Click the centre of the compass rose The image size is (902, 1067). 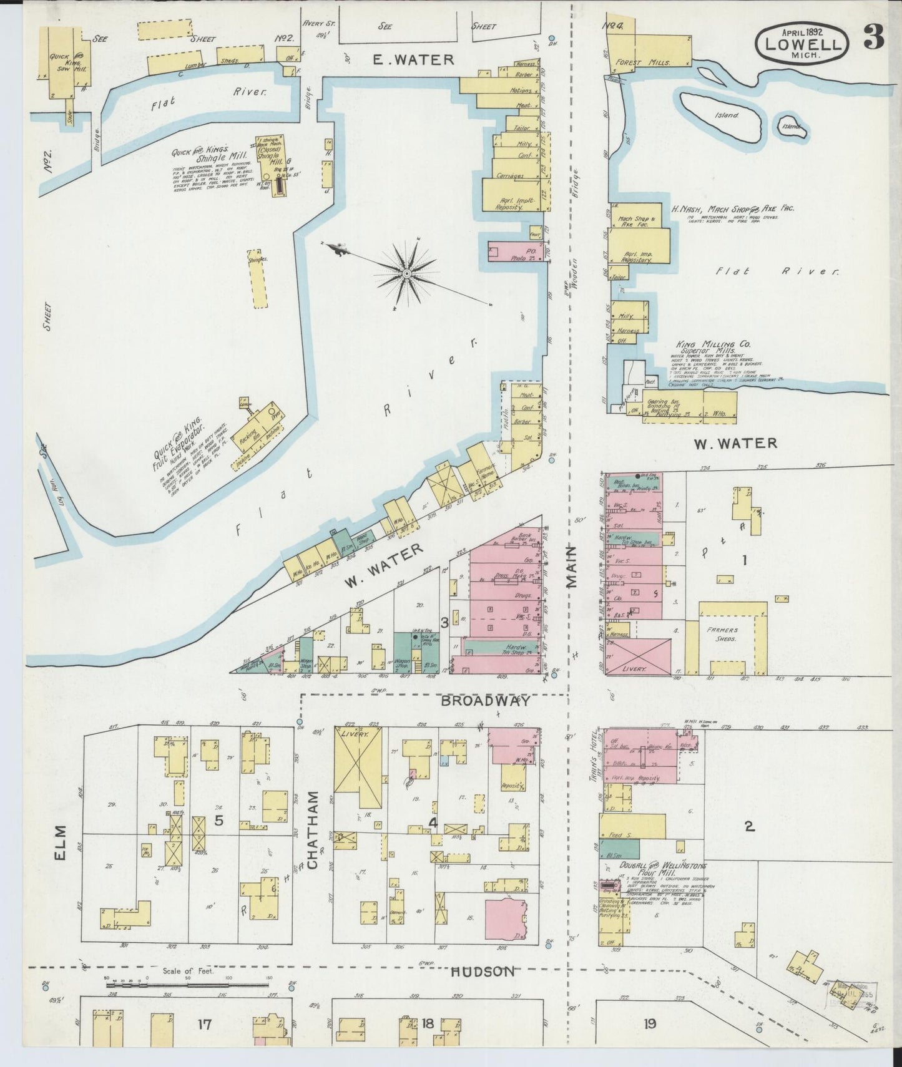pos(406,273)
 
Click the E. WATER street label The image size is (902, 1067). pos(413,60)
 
